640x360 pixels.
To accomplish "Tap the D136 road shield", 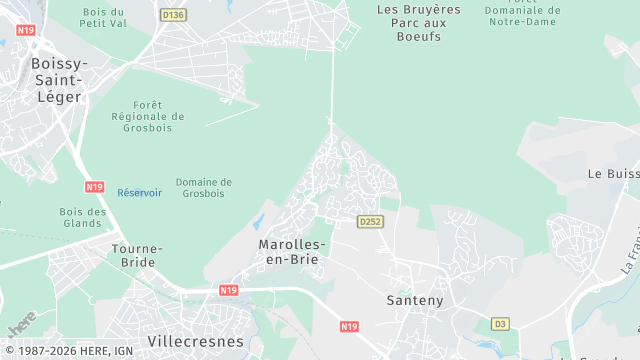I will tap(173, 15).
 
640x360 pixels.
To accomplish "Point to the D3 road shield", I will tap(500, 323).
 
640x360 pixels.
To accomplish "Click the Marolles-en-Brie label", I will tap(291, 251).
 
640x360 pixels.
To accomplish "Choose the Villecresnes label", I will tap(195, 341).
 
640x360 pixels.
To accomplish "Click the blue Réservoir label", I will tap(139, 193).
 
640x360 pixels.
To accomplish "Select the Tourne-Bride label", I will tap(133, 255).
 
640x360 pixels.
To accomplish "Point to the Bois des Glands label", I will tap(83, 217).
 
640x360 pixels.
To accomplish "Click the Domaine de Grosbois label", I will tap(203, 187).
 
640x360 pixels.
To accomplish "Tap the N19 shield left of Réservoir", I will tap(95, 187).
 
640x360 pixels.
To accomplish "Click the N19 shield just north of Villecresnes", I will tap(228, 290).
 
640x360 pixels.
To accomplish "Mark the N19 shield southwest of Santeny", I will tap(349, 326).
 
